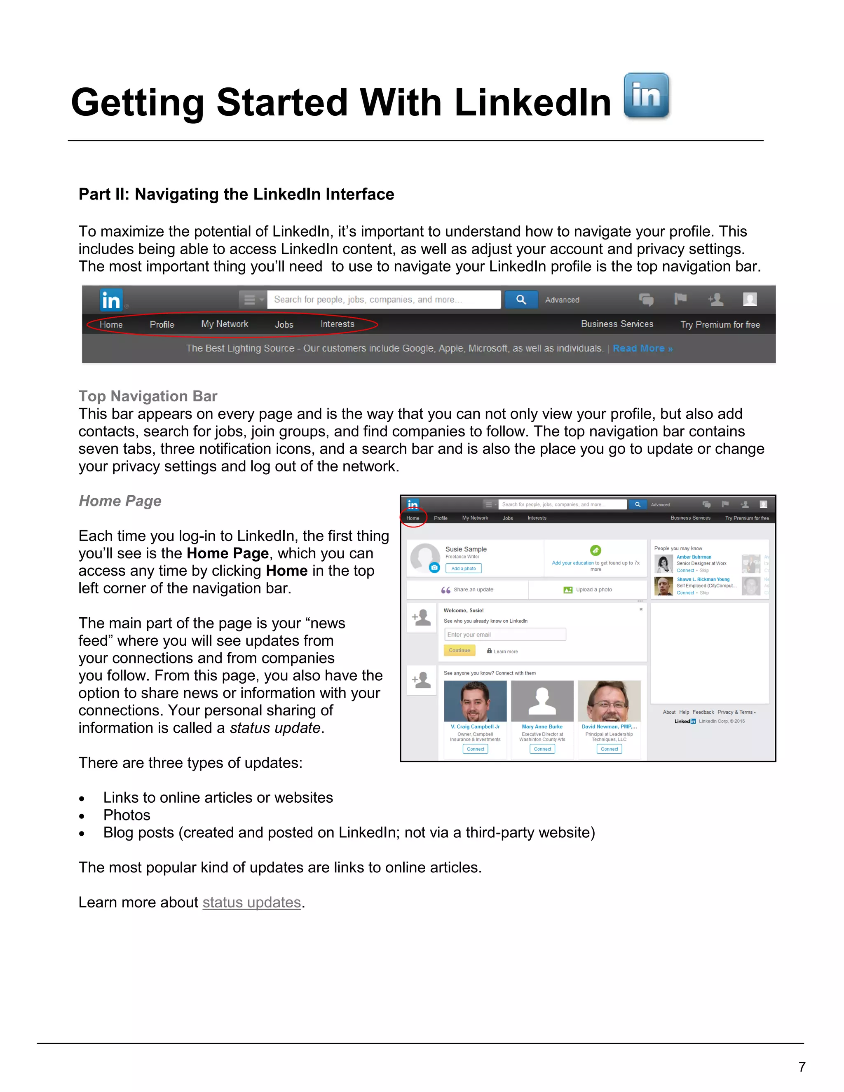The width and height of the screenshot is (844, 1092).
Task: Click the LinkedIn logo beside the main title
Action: point(646,96)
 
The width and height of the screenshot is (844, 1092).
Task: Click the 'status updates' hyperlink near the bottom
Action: point(251,902)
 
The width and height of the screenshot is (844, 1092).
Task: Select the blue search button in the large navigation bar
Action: point(521,300)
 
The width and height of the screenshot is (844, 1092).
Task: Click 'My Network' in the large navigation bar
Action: point(225,324)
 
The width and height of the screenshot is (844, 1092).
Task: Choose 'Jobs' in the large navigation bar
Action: point(284,324)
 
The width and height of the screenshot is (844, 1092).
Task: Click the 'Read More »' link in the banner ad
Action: point(642,349)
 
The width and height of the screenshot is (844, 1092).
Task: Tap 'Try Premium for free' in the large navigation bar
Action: point(720,324)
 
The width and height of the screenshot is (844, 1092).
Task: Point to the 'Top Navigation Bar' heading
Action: point(148,396)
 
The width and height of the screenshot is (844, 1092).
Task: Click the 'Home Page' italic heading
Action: point(120,501)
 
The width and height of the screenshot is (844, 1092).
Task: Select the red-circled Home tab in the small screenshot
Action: point(413,518)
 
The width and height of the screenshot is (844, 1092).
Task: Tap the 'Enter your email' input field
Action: point(505,635)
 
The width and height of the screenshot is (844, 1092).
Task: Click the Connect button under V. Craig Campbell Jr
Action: point(475,749)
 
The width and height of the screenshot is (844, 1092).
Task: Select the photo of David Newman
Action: point(609,701)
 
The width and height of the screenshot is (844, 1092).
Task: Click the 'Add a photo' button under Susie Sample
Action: point(464,569)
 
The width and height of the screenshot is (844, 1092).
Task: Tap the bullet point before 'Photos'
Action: point(82,816)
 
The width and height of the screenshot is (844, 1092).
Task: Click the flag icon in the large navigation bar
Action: point(680,299)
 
